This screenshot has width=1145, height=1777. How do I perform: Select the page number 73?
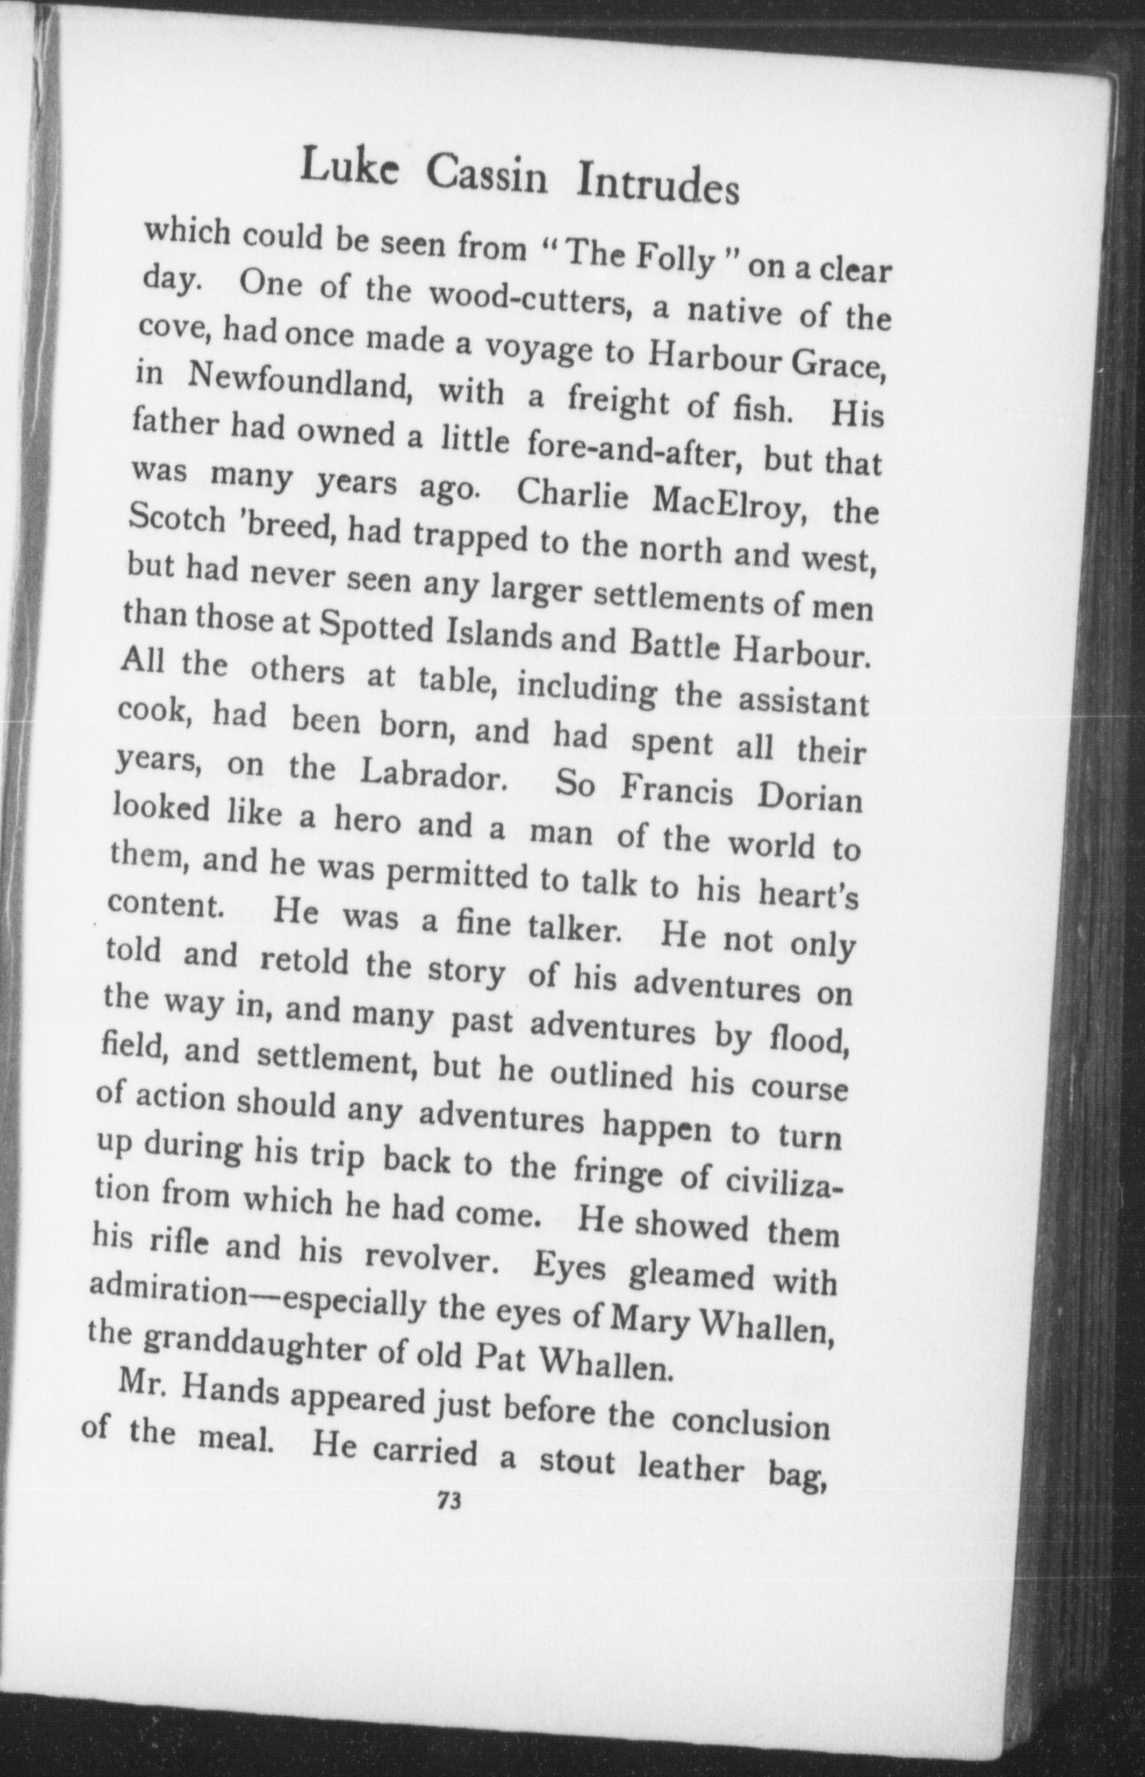(448, 1500)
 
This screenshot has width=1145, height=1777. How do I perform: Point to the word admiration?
(168, 1294)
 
